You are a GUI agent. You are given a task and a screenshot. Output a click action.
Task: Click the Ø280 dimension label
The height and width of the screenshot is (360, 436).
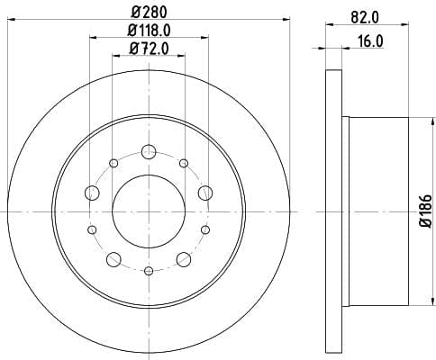click(x=149, y=12)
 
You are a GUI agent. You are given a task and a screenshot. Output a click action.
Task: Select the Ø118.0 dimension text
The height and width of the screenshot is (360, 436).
click(x=149, y=30)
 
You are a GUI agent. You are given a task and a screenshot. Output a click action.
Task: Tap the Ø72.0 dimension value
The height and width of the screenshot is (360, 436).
click(x=149, y=49)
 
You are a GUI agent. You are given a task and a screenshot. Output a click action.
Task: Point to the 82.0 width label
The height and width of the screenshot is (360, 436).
click(x=365, y=18)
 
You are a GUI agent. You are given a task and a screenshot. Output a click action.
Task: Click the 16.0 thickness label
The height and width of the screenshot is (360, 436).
click(x=371, y=41)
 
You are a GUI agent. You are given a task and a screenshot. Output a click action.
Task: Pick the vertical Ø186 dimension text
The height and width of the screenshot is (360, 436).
click(x=426, y=211)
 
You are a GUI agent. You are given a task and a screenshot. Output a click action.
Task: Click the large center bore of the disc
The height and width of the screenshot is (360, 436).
click(x=149, y=211)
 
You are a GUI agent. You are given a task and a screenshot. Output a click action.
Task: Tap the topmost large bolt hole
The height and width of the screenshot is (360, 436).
click(x=149, y=151)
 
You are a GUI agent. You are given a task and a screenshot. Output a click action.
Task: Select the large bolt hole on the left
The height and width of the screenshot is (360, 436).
click(x=92, y=193)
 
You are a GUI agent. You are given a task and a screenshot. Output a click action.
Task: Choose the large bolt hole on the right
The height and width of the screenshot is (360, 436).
click(x=205, y=193)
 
